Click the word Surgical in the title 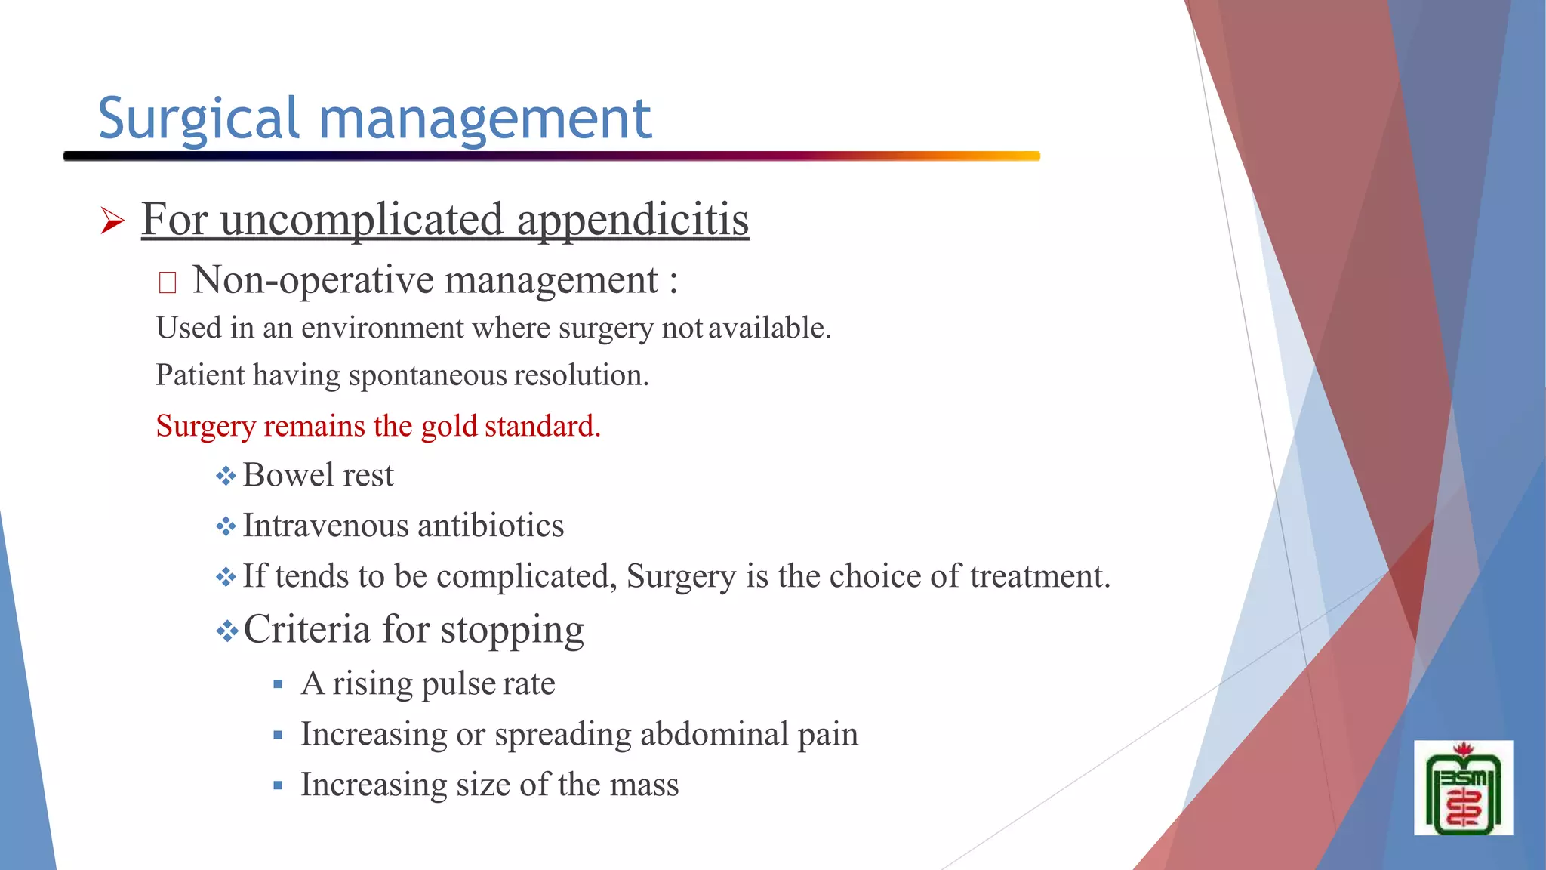point(199,119)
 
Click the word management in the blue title point(485,119)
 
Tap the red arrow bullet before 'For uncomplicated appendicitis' point(112,221)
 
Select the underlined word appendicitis point(633,220)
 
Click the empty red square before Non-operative point(168,282)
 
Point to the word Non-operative point(314,281)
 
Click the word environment point(383,329)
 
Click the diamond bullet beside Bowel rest point(226,476)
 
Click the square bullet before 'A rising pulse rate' point(278,685)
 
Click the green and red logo point(1463,788)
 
